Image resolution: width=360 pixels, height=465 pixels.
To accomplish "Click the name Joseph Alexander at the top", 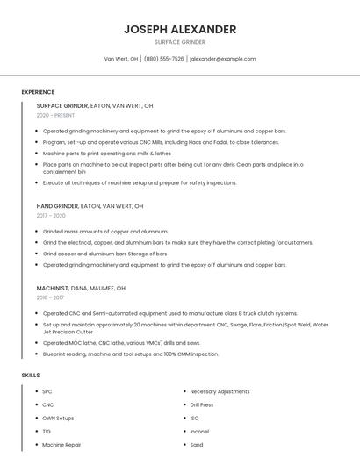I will (x=180, y=29).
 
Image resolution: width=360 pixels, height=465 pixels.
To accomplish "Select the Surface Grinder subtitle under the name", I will (x=180, y=42).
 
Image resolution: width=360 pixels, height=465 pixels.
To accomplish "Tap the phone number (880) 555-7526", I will (x=163, y=59).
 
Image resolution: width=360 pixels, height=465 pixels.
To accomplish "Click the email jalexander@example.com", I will (x=222, y=59).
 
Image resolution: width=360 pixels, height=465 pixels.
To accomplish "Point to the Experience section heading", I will (x=38, y=92).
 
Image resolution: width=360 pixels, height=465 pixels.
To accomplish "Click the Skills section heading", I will (x=30, y=376).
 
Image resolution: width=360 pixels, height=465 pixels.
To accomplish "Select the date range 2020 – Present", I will (x=55, y=115).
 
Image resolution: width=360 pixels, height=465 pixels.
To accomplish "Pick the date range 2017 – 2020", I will (x=51, y=215).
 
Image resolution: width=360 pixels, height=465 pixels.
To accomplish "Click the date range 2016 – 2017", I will (x=50, y=297).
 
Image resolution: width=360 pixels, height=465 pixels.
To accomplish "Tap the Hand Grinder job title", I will (x=57, y=205).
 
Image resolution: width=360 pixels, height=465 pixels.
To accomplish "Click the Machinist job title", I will (x=52, y=287).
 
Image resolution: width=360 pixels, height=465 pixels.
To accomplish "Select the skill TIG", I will (x=47, y=432).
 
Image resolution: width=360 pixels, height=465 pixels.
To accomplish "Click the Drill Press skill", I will (x=202, y=404).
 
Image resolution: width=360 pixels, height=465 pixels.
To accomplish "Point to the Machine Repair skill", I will (x=61, y=445).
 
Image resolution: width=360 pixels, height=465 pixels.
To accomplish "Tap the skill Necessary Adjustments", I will (x=220, y=391).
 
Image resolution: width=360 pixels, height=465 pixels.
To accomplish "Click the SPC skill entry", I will (x=47, y=391).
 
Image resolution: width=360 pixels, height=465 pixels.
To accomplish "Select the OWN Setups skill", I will (x=58, y=418).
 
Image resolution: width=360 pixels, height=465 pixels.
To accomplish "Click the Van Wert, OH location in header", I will (x=121, y=59).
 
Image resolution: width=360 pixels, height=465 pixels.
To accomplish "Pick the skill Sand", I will (x=197, y=445).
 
